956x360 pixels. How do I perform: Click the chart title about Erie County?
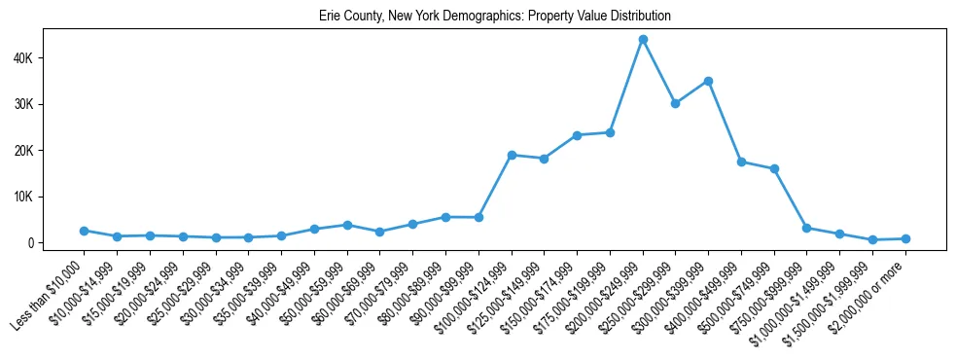pos(495,17)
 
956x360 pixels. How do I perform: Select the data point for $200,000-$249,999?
pos(643,40)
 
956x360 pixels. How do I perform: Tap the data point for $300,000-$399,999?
pos(709,82)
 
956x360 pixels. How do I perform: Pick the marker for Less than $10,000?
pos(85,231)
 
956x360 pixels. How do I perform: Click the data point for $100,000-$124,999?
pos(512,155)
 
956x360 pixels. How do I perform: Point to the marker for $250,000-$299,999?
pos(676,103)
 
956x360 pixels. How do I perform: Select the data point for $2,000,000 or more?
pos(905,238)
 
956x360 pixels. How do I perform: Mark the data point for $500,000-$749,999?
pos(774,169)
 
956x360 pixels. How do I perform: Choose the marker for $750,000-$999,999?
pos(807,228)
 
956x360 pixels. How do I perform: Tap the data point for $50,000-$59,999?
pos(347,225)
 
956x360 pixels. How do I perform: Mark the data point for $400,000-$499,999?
pos(741,162)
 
